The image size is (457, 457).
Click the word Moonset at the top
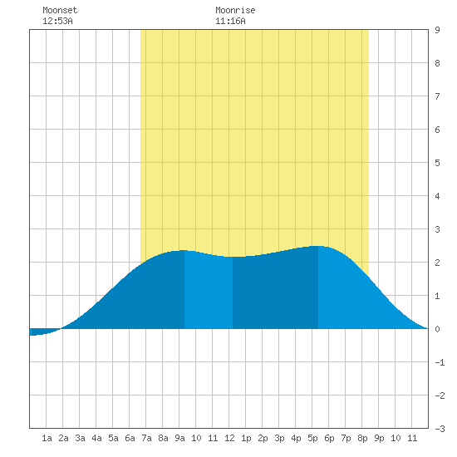(x=60, y=10)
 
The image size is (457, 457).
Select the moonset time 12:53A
(x=57, y=21)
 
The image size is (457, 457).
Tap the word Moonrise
(x=235, y=10)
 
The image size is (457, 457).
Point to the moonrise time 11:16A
(x=230, y=21)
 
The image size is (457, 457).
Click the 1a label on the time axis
(x=47, y=438)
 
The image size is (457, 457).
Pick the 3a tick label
(x=80, y=438)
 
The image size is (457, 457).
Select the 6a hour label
(x=130, y=438)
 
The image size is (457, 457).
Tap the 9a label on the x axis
(x=179, y=438)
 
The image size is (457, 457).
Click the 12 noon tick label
(x=229, y=438)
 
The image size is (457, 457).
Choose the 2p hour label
(x=263, y=438)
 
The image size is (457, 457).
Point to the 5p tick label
(x=312, y=438)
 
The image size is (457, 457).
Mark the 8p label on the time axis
(x=362, y=438)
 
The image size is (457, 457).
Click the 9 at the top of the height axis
(x=437, y=30)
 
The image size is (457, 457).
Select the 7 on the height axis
(x=437, y=96)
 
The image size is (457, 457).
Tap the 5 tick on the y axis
(x=437, y=163)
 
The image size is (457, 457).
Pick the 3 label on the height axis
(x=437, y=229)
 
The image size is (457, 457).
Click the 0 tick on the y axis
(x=437, y=329)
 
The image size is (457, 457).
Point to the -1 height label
(x=440, y=362)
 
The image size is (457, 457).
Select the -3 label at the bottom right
(x=440, y=429)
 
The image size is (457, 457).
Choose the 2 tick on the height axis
(x=437, y=263)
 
